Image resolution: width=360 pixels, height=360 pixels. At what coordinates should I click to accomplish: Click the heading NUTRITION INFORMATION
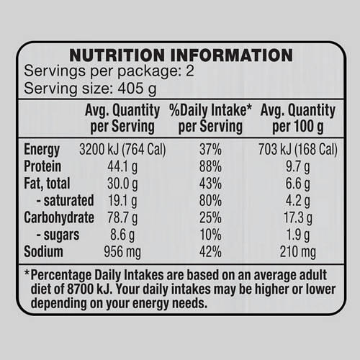181,55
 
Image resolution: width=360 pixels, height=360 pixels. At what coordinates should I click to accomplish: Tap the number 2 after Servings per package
190,71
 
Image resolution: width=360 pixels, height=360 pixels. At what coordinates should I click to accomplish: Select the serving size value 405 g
137,89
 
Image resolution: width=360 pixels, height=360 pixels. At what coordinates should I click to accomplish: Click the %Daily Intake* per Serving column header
210,118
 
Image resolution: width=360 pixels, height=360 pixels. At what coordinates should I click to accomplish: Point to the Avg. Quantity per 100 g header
298,118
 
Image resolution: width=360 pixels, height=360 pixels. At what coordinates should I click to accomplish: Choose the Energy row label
42,149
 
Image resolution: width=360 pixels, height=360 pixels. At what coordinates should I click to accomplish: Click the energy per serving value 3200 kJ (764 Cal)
122,149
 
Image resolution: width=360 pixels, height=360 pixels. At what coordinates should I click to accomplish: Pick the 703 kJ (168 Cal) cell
298,149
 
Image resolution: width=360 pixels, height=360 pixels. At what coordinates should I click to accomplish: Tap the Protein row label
42,166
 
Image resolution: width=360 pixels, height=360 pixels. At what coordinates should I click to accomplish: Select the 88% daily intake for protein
210,166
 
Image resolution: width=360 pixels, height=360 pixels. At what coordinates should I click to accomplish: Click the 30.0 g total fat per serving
122,184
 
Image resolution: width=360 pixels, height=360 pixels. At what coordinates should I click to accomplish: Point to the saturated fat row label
65,201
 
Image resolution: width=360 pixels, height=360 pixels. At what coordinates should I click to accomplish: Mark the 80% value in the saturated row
210,201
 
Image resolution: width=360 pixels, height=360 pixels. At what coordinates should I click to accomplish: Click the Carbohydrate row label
59,218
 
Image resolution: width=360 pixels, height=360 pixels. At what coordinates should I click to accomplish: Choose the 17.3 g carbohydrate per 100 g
298,218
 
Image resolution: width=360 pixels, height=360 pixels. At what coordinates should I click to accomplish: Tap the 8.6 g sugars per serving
122,235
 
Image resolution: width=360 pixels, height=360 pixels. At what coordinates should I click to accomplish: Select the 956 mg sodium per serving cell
122,252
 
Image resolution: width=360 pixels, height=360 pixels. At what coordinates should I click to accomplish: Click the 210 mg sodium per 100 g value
298,252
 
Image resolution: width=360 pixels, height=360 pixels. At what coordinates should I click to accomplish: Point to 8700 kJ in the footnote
90,289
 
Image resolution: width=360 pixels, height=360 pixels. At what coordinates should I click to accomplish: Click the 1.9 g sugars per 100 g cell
298,235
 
